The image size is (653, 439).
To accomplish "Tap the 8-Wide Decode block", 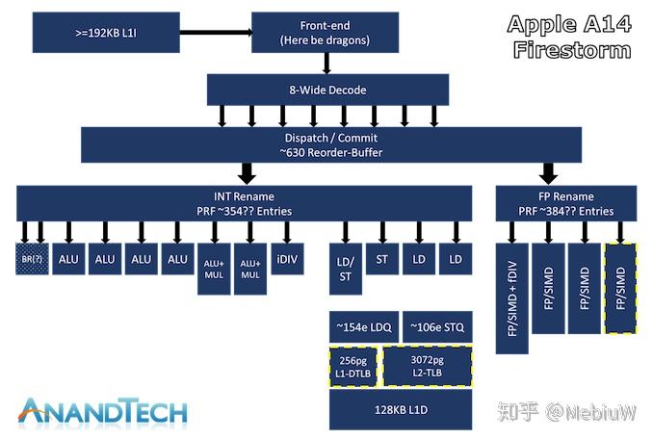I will point(328,90).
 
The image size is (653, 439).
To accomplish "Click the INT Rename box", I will point(244,203).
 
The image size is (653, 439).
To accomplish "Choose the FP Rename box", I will point(567,203).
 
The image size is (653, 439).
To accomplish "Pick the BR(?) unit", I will point(33,259).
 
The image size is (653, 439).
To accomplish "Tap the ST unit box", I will point(382,259).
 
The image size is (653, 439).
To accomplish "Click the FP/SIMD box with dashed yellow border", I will point(621,288).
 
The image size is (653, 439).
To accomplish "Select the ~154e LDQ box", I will point(363,327).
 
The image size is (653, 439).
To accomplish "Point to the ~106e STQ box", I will point(436,327).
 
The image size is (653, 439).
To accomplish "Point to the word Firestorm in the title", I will point(569,47).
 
